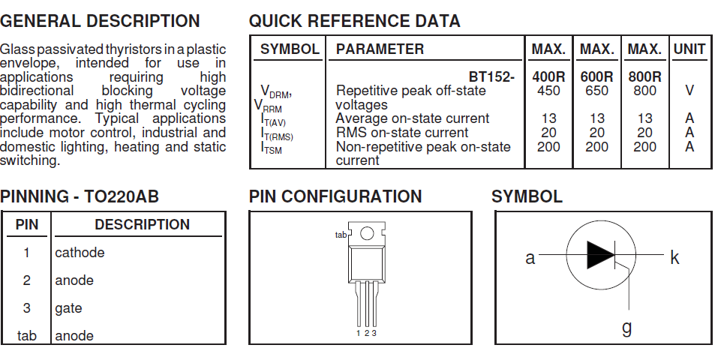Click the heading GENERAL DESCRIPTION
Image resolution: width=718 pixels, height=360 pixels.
100,21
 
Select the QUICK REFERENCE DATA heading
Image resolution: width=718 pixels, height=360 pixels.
354,21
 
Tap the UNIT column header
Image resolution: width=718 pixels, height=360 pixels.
689,49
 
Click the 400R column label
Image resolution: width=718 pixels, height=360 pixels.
548,76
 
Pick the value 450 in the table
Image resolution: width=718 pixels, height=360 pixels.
548,91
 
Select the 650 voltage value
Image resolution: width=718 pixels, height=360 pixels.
596,91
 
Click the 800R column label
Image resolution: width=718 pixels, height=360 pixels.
644,76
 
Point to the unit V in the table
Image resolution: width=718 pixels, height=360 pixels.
689,91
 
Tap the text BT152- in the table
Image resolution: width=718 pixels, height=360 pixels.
491,76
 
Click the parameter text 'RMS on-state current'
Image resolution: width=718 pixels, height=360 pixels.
402,133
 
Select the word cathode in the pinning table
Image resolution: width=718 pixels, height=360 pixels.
80,252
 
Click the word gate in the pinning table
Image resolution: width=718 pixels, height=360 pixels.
69,308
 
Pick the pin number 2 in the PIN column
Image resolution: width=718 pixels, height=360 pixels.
26,280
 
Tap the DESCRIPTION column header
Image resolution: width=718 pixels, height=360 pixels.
142,224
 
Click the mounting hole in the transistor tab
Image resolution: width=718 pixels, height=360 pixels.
367,233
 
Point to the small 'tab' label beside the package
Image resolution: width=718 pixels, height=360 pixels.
341,235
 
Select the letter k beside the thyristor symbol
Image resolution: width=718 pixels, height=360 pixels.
674,257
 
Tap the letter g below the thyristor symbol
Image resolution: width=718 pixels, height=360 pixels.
627,328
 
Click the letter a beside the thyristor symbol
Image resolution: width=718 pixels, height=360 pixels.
530,258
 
